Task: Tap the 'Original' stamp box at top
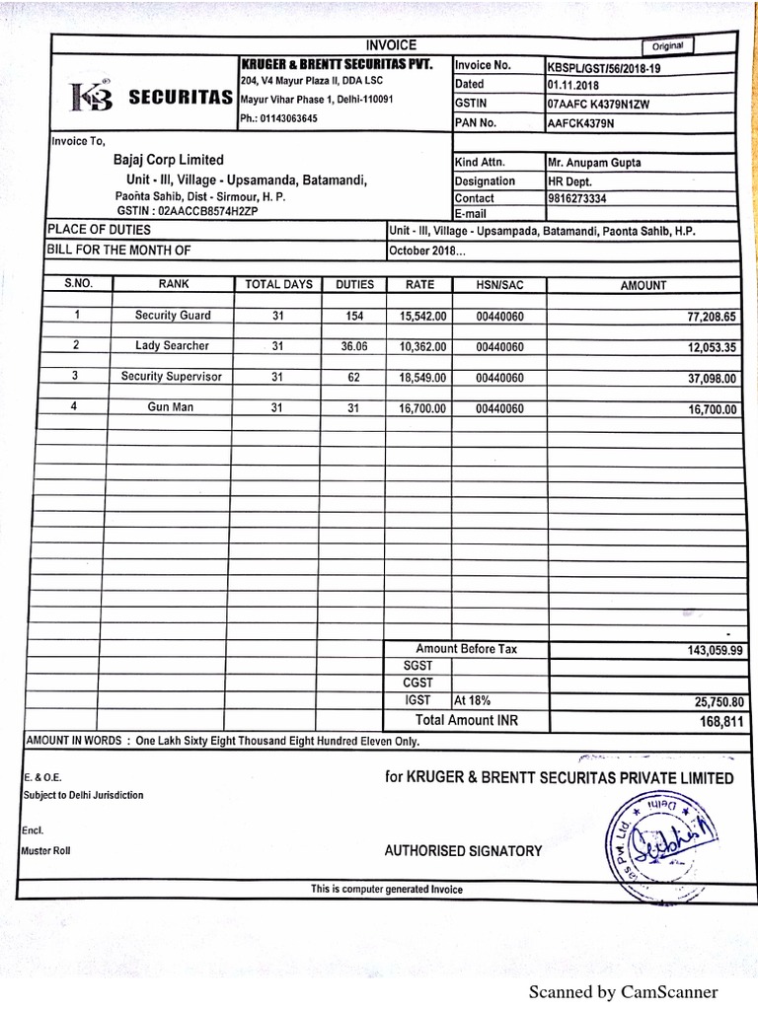pyautogui.click(x=668, y=45)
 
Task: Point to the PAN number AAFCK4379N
pyautogui.click(x=580, y=123)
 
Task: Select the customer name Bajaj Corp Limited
pyautogui.click(x=169, y=160)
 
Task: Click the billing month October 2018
pyautogui.click(x=427, y=250)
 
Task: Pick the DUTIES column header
pyautogui.click(x=354, y=284)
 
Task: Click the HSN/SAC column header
pyautogui.click(x=498, y=285)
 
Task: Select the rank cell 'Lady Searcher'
pyautogui.click(x=173, y=346)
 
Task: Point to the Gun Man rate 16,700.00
pyautogui.click(x=422, y=408)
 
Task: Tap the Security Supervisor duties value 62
pyautogui.click(x=354, y=377)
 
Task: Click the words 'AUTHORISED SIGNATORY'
pyautogui.click(x=463, y=850)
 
